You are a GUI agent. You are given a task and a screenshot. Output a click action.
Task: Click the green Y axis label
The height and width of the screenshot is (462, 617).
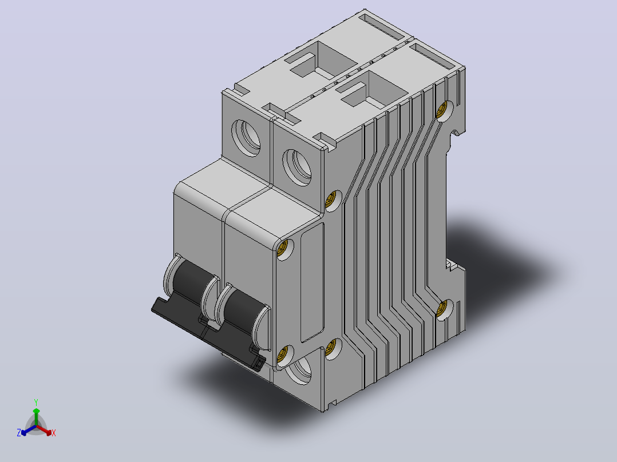36,403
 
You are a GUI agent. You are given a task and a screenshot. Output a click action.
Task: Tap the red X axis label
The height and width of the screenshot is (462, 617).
54,433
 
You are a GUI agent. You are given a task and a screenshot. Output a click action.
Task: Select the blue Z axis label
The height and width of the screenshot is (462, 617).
19,432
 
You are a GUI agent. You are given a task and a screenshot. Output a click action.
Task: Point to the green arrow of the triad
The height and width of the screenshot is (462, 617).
36,416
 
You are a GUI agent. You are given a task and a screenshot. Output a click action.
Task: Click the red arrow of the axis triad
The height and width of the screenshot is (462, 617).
44,430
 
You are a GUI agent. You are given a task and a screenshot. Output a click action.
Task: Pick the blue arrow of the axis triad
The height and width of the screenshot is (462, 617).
29,430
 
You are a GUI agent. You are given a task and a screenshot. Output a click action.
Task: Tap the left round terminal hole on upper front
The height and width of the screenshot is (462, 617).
246,138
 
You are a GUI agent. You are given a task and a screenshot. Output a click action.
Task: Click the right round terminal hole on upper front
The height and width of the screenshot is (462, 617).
297,167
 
